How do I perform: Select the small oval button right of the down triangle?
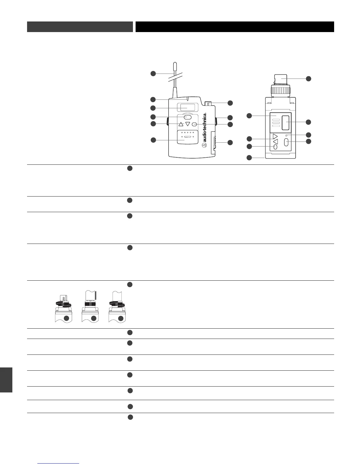click(194, 124)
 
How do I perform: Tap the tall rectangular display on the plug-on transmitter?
click(285, 123)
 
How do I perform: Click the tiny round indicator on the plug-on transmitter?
click(286, 135)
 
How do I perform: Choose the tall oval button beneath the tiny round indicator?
click(286, 143)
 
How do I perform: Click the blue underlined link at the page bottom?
click(59, 464)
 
